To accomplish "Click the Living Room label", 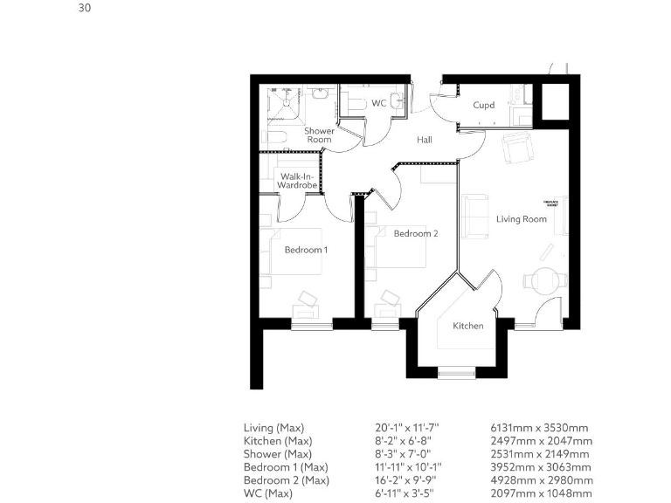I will pyautogui.click(x=522, y=219).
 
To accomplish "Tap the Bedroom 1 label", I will pyautogui.click(x=306, y=250).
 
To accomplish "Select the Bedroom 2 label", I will pyautogui.click(x=415, y=234).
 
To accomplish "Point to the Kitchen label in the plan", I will pyautogui.click(x=467, y=326).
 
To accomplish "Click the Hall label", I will pyautogui.click(x=425, y=140).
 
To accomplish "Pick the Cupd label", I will pyautogui.click(x=483, y=106).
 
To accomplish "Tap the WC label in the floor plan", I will pyautogui.click(x=378, y=103).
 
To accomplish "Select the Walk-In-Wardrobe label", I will pyautogui.click(x=296, y=181).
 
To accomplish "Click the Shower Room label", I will pyautogui.click(x=318, y=135).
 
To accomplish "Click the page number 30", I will pyautogui.click(x=84, y=9).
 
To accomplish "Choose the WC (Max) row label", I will pyautogui.click(x=269, y=493).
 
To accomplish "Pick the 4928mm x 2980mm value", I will pyautogui.click(x=541, y=480).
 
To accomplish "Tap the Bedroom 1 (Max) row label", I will pyautogui.click(x=286, y=467).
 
